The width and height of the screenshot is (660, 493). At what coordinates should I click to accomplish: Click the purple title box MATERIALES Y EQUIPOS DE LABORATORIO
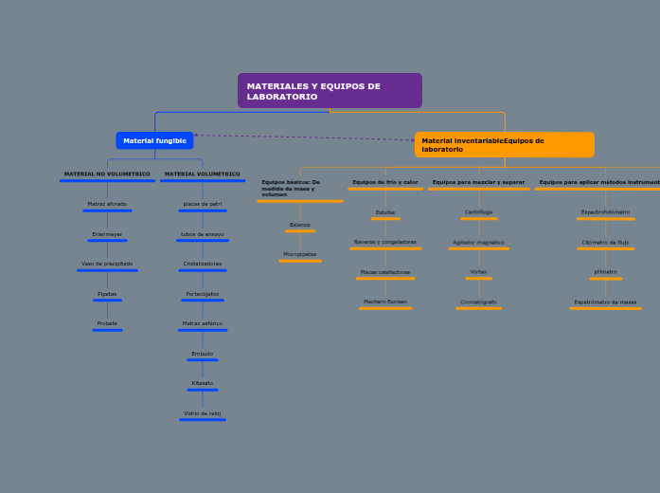click(330, 91)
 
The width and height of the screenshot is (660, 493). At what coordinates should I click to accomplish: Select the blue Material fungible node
click(154, 140)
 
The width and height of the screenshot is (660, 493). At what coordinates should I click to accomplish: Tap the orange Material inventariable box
click(504, 145)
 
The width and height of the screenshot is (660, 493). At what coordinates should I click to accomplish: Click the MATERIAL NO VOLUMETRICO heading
click(107, 174)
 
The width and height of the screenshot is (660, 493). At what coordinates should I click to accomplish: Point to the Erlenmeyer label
click(107, 234)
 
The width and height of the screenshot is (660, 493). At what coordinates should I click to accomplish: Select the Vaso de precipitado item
click(107, 264)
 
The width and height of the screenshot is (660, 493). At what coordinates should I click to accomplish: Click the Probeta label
click(107, 323)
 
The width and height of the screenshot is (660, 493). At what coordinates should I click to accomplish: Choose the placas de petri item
click(203, 204)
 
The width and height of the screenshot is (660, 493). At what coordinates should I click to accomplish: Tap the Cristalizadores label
click(203, 264)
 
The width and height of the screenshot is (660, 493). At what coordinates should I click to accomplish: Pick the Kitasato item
click(203, 383)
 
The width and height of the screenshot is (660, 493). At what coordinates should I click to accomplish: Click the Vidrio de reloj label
click(203, 413)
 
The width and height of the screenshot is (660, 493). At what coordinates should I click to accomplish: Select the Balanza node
click(300, 225)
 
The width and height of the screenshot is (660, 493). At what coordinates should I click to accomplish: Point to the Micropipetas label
click(300, 254)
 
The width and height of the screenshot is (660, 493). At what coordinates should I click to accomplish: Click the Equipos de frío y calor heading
click(385, 182)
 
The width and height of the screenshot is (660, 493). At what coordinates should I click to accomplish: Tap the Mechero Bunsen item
click(385, 301)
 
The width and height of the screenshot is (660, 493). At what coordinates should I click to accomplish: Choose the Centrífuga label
click(479, 212)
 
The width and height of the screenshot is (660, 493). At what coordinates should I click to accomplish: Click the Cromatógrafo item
click(479, 301)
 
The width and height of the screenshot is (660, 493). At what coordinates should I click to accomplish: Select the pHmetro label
click(606, 272)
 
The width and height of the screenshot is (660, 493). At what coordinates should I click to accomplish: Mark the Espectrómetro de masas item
click(606, 301)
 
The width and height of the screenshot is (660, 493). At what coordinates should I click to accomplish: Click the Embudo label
click(203, 354)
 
